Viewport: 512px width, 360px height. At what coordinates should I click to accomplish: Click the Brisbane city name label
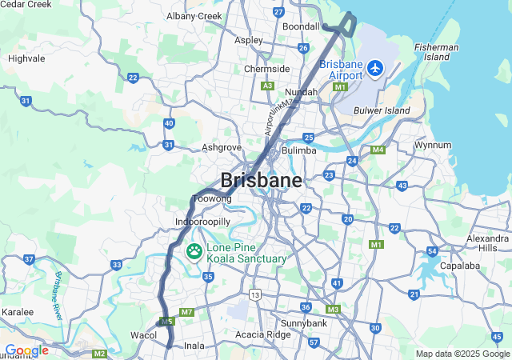pyautogui.click(x=262, y=180)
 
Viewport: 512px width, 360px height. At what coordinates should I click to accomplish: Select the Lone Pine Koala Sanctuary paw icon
pyautogui.click(x=194, y=251)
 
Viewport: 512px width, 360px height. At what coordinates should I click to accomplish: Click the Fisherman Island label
pyautogui.click(x=437, y=52)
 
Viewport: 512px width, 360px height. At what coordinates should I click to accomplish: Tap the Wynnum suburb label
pyautogui.click(x=432, y=145)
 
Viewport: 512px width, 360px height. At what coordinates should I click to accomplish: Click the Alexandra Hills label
pyautogui.click(x=486, y=242)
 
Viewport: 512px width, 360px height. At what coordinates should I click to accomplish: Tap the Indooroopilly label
pyautogui.click(x=202, y=221)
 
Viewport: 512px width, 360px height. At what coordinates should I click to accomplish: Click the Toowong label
pyautogui.click(x=213, y=198)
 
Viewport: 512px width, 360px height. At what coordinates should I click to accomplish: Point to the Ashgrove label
pyautogui.click(x=222, y=147)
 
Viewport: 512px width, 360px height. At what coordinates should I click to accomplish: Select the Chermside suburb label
pyautogui.click(x=266, y=69)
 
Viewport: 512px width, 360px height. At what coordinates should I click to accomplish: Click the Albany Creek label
pyautogui.click(x=194, y=15)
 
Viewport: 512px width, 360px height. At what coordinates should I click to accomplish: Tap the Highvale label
pyautogui.click(x=26, y=58)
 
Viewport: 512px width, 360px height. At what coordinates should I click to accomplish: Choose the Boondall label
pyautogui.click(x=301, y=26)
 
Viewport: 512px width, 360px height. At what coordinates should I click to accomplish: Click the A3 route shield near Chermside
pyautogui.click(x=268, y=86)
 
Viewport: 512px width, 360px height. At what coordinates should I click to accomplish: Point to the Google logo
pyautogui.click(x=26, y=350)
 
